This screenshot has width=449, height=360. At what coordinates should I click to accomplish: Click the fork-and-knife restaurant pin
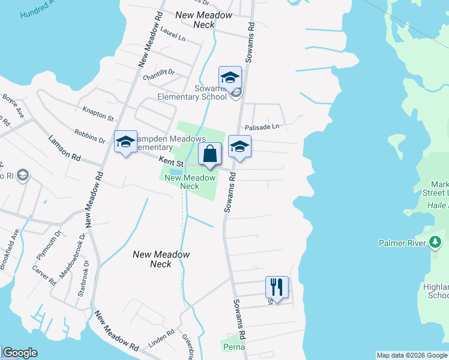[x=277, y=286]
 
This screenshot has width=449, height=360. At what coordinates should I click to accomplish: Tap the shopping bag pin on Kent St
[x=209, y=154]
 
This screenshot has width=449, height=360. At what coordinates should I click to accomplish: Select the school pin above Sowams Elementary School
[x=229, y=77]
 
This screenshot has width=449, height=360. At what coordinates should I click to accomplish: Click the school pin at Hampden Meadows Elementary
[x=125, y=142]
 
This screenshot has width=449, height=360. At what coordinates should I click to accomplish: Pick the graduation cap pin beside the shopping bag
[x=240, y=146]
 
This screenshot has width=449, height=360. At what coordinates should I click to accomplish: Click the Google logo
[x=19, y=353]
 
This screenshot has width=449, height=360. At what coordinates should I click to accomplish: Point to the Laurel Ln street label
[x=173, y=36]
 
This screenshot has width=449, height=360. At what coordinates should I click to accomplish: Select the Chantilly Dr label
[x=158, y=75]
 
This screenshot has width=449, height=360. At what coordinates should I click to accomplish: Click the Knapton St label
[x=98, y=113]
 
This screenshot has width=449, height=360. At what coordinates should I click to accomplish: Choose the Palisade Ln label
[x=262, y=127]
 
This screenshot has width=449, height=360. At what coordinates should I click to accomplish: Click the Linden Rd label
[x=161, y=340]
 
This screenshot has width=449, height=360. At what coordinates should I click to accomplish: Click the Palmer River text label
[x=402, y=243]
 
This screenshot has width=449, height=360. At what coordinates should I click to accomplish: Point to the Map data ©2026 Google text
[x=412, y=355]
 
